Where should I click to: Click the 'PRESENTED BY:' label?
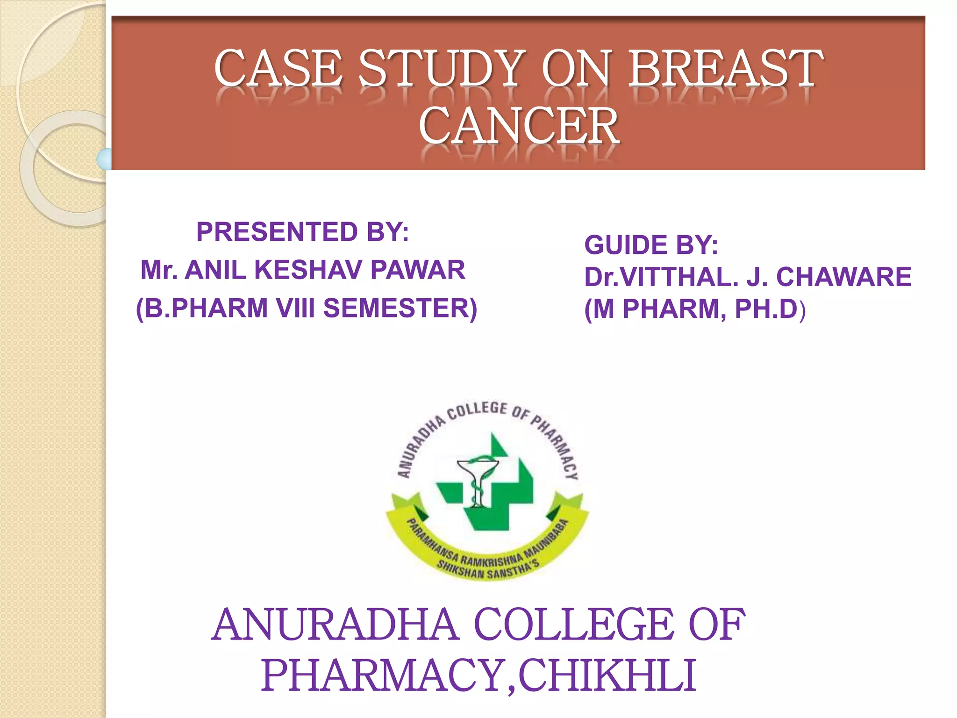[x=302, y=232]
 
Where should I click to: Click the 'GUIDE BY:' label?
[x=651, y=245]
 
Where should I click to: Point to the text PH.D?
[x=766, y=309]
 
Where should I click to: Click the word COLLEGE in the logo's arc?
[x=477, y=410]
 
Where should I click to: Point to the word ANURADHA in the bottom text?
[x=335, y=625]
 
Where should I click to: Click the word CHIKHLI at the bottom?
[x=607, y=675]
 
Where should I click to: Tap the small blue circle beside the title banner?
[x=105, y=159]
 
